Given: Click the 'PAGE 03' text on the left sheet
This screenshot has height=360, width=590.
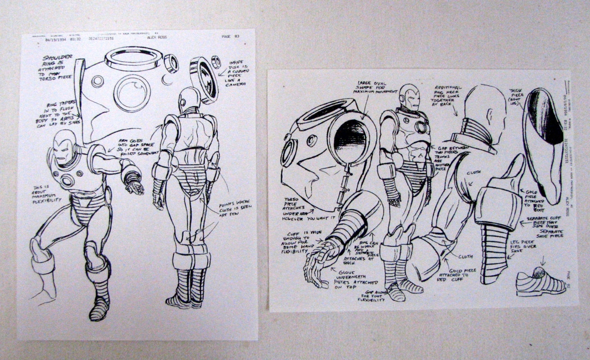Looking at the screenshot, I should pyautogui.click(x=230, y=37).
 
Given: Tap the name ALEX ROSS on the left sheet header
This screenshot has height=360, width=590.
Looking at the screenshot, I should pyautogui.click(x=157, y=37).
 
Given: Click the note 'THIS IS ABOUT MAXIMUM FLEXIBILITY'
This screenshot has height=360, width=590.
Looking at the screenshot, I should pyautogui.click(x=47, y=194).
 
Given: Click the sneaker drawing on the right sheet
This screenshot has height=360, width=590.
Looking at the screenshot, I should pyautogui.click(x=540, y=282).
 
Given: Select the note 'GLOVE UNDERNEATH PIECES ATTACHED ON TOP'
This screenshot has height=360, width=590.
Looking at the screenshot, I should pyautogui.click(x=356, y=278).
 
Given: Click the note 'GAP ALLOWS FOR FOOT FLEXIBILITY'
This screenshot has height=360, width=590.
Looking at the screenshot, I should pyautogui.click(x=372, y=296).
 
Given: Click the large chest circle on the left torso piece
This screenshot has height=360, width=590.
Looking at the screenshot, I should pyautogui.click(x=132, y=92).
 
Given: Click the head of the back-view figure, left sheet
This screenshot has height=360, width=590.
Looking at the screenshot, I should pyautogui.click(x=189, y=99).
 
